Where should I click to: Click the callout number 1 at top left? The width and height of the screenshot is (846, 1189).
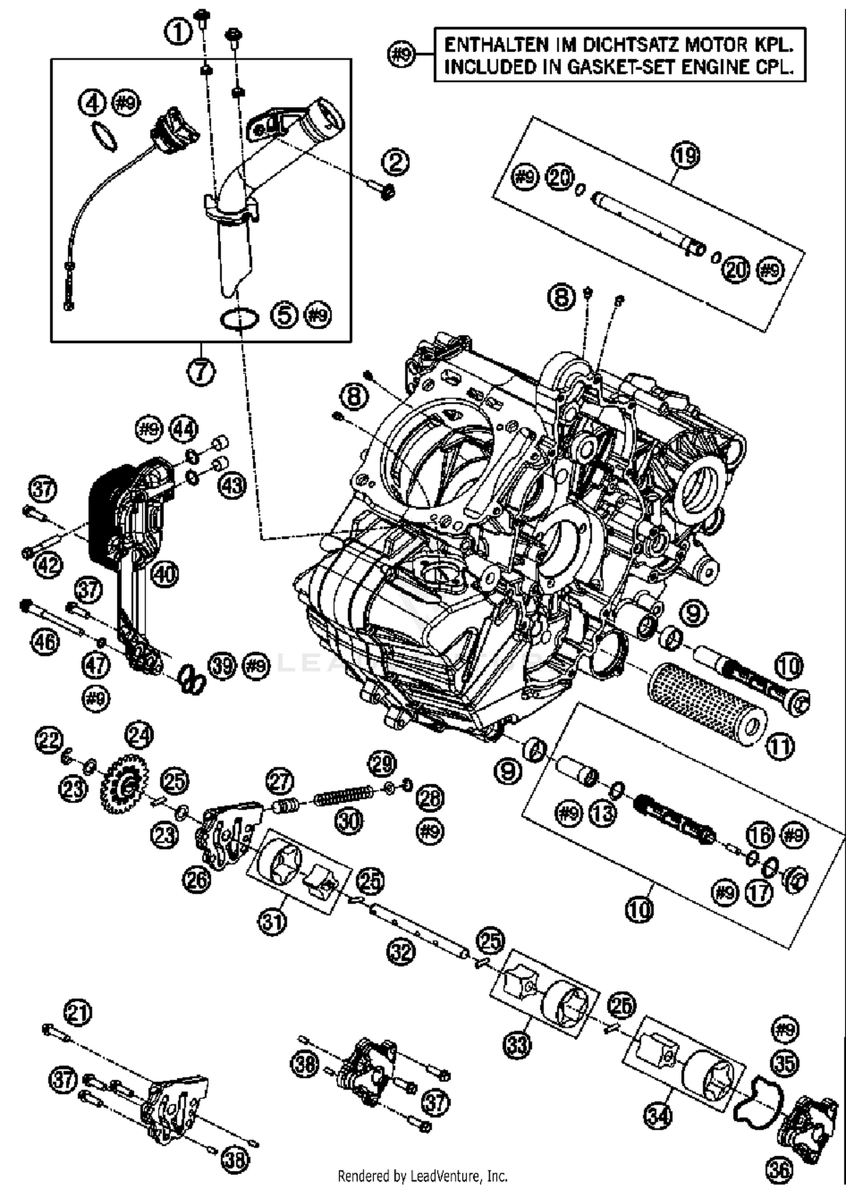click(178, 32)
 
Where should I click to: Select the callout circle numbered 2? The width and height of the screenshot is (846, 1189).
click(395, 163)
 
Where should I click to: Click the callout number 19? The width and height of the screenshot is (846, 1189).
click(685, 155)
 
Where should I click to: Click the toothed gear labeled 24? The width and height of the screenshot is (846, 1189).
click(125, 784)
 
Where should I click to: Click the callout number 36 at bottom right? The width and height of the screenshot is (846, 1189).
click(779, 1170)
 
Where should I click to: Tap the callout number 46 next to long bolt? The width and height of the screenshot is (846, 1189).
click(45, 641)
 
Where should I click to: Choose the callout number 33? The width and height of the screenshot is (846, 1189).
click(517, 1044)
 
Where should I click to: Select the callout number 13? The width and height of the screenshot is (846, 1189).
click(603, 814)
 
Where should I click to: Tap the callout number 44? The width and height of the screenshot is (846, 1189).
click(183, 429)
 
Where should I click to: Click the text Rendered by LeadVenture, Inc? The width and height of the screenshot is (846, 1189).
click(422, 1176)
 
